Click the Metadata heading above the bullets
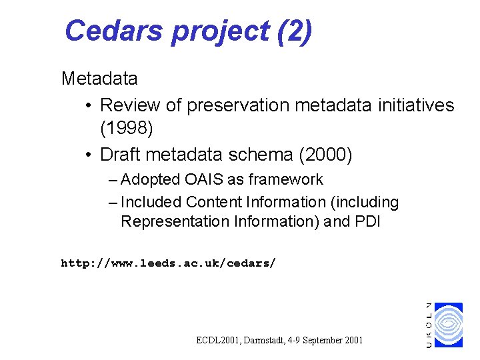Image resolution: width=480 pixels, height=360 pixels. coord(99,79)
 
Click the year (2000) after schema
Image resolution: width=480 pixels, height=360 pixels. coord(325,155)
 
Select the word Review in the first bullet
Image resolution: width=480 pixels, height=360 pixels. coord(131,105)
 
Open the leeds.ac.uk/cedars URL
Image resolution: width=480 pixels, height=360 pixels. coord(168,263)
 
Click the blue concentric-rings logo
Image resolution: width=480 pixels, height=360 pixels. coord(448,325)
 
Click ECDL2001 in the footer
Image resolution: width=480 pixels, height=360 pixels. coord(219,340)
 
